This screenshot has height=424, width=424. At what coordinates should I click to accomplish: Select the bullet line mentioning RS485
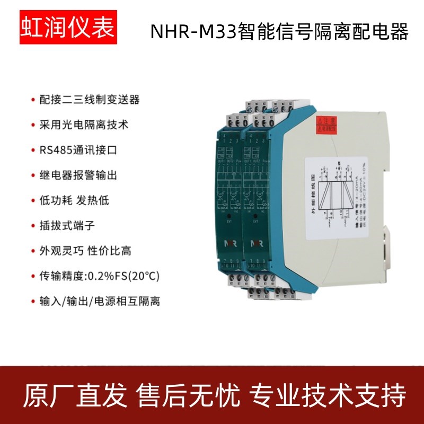tap(78, 151)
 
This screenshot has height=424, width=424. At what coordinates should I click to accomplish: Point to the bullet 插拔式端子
tap(66, 226)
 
